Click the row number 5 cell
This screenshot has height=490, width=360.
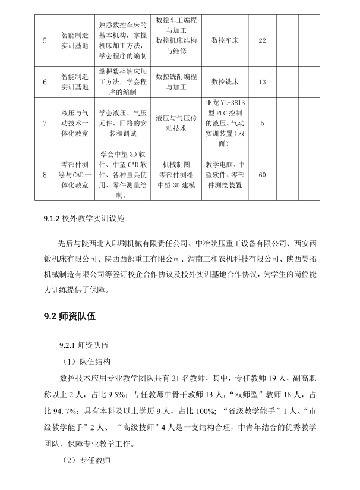pyautogui.click(x=45, y=40)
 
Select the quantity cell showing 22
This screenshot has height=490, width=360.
pyautogui.click(x=263, y=40)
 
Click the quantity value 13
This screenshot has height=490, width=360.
pyautogui.click(x=263, y=81)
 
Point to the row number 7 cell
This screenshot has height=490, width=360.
pyautogui.click(x=45, y=123)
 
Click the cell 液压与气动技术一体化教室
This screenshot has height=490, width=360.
pyautogui.click(x=75, y=123)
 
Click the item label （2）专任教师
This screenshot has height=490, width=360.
pyautogui.click(x=87, y=461)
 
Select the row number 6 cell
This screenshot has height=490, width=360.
pyautogui.click(x=45, y=81)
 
